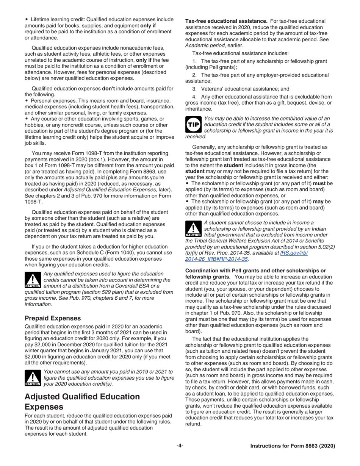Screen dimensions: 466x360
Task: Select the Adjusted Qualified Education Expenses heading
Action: [x=82, y=402]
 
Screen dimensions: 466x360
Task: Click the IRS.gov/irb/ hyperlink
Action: [x=294, y=252]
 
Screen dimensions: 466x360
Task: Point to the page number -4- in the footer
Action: [x=180, y=446]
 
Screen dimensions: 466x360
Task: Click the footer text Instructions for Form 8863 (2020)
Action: [x=293, y=446]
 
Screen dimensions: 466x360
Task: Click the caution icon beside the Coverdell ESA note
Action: [x=33, y=280]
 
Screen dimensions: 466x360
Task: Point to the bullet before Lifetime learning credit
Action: [x=27, y=19]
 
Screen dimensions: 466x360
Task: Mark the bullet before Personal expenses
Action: [x=27, y=101]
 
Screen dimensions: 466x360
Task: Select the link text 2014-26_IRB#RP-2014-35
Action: [x=216, y=259]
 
